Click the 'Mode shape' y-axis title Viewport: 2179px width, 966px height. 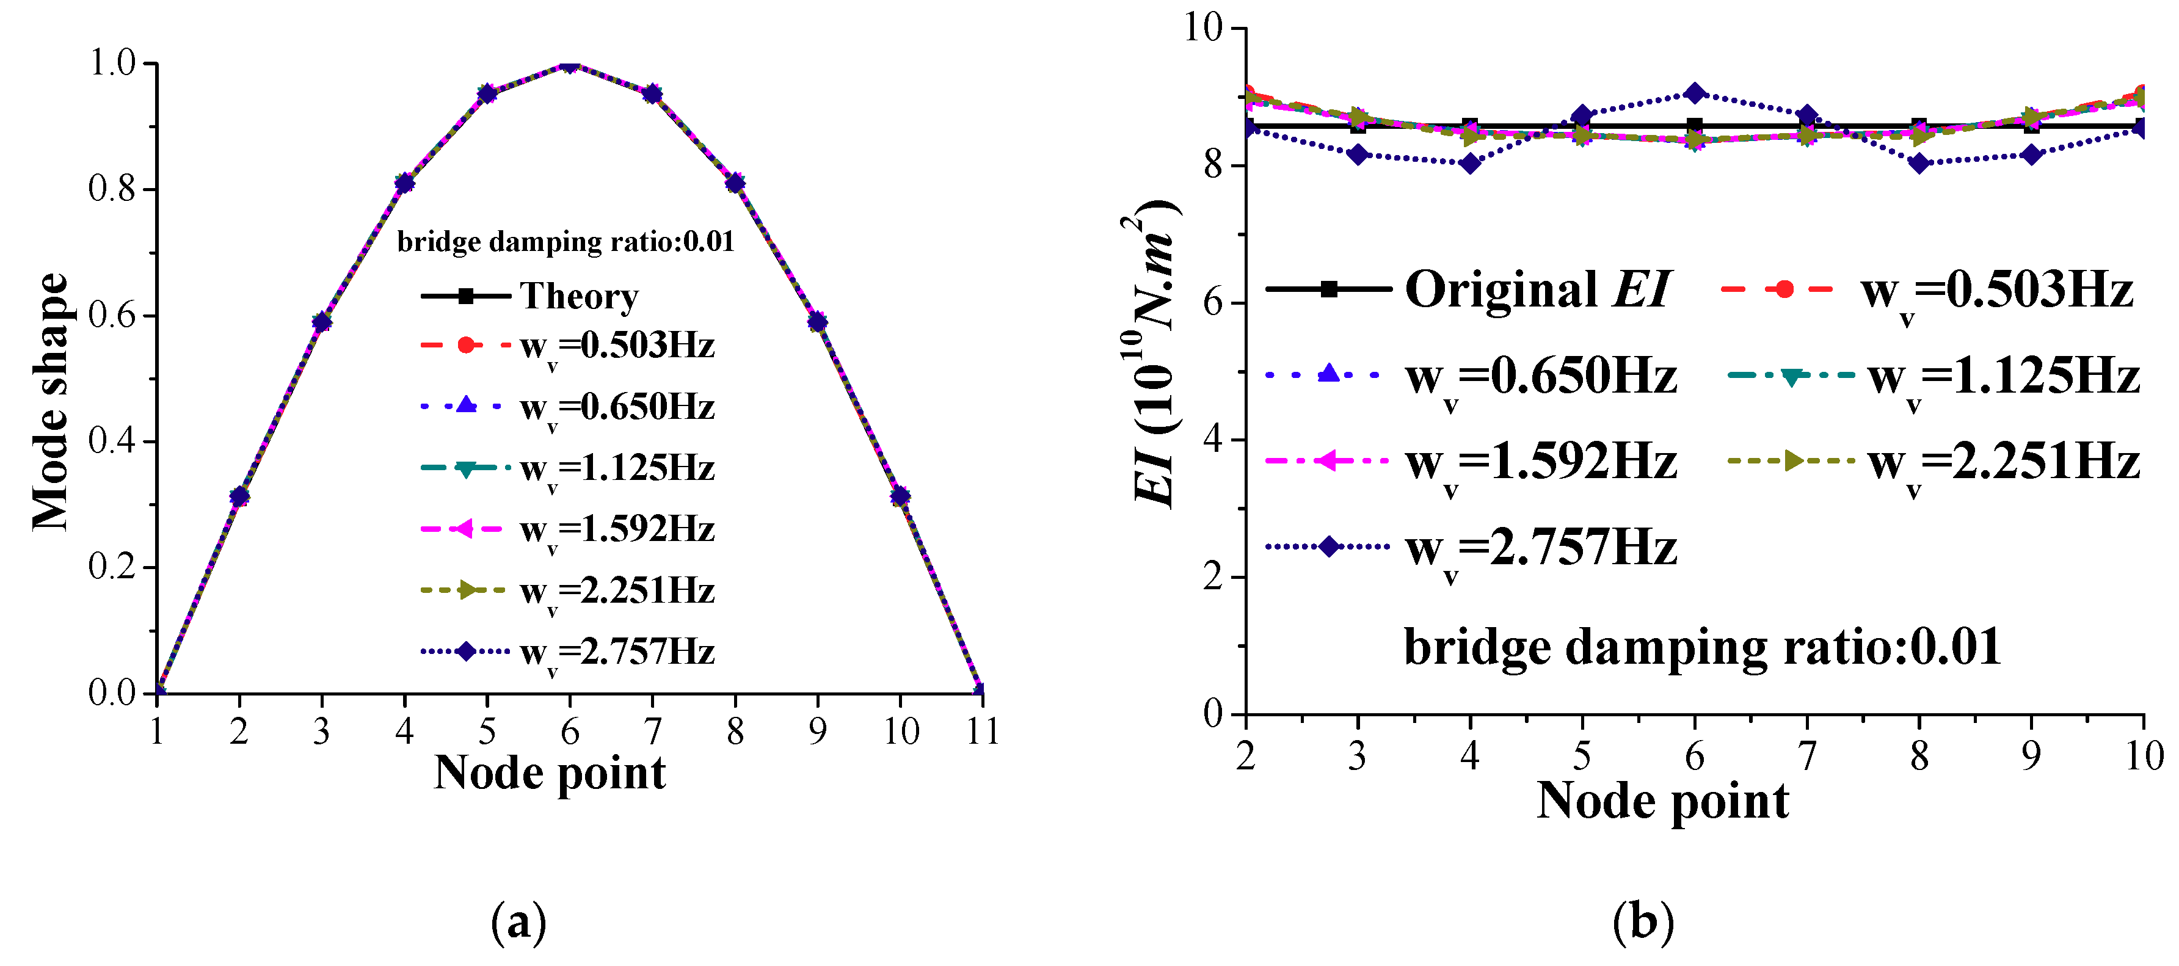pyautogui.click(x=51, y=402)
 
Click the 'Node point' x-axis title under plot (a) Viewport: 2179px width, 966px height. pyautogui.click(x=550, y=773)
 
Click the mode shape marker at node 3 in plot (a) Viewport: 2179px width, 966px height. pyautogui.click(x=321, y=321)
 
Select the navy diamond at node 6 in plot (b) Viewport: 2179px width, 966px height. pyautogui.click(x=1694, y=93)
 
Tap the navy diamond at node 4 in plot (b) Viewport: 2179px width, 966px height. pyautogui.click(x=1470, y=163)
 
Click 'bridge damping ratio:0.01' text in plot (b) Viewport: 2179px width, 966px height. pyautogui.click(x=1702, y=647)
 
